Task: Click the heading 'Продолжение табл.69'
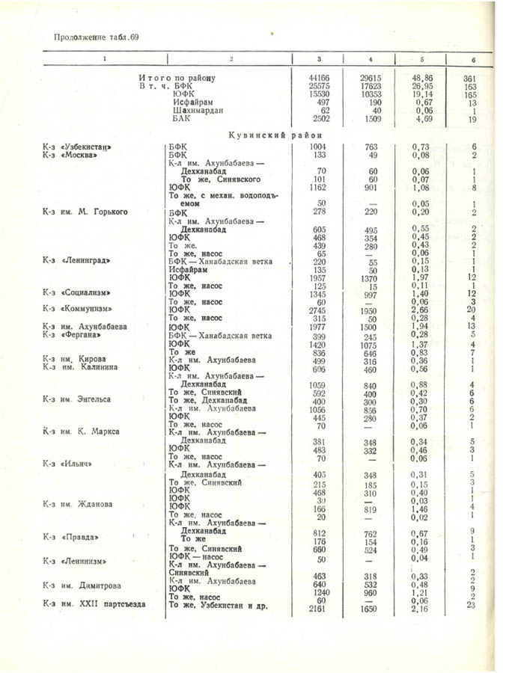click(97, 36)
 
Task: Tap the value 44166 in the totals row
click(320, 78)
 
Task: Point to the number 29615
click(371, 78)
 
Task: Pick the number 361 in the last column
click(470, 78)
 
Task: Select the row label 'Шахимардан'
click(189, 111)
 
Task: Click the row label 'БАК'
click(180, 119)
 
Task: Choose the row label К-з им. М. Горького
click(85, 212)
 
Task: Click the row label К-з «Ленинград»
click(76, 261)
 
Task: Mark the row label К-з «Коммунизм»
click(77, 309)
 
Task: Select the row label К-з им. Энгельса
click(76, 399)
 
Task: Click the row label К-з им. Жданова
click(78, 504)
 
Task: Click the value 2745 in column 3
click(320, 310)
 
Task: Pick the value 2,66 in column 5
click(422, 310)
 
